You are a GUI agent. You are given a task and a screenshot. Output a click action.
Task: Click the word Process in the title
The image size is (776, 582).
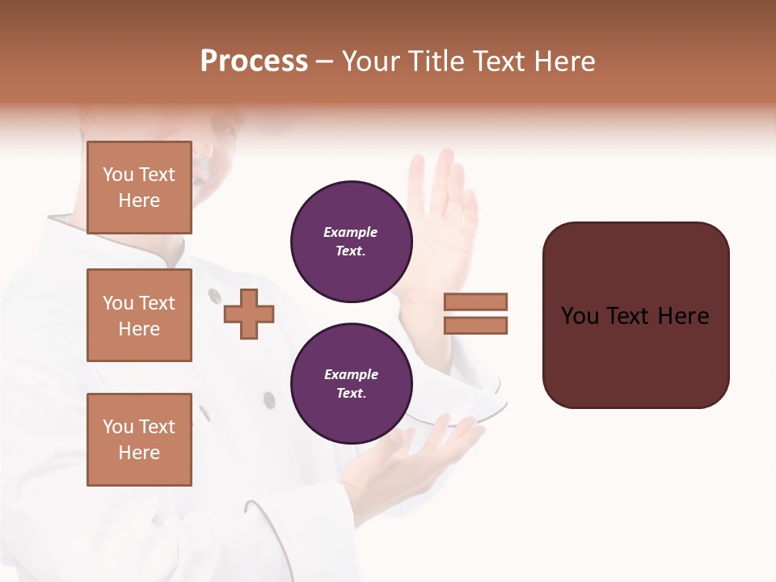tap(254, 61)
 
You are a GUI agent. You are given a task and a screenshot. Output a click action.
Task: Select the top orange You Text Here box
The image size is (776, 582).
tap(139, 188)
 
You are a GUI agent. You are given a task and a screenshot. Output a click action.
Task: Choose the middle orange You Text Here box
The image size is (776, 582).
tap(139, 315)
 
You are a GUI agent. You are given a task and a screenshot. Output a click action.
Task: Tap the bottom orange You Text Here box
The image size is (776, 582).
tap(139, 440)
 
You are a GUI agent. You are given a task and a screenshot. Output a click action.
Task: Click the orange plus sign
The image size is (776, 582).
tap(249, 314)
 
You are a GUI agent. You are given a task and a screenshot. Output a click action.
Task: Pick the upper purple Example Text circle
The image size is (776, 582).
tap(351, 242)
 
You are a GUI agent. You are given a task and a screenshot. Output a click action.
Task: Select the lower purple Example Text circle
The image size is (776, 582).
tap(351, 384)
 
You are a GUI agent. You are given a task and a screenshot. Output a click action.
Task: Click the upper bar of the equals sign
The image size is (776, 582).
tap(475, 302)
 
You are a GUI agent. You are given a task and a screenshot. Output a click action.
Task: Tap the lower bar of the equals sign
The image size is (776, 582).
tap(475, 326)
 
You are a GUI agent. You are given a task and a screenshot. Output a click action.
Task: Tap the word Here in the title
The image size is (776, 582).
tap(565, 61)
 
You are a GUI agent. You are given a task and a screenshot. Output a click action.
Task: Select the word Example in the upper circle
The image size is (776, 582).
tap(350, 233)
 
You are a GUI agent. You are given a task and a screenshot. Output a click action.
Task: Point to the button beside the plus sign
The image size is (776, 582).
tap(213, 296)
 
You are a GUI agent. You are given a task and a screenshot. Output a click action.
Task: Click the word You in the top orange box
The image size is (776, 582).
tap(118, 175)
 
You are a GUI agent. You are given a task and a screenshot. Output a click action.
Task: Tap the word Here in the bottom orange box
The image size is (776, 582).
tap(139, 453)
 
